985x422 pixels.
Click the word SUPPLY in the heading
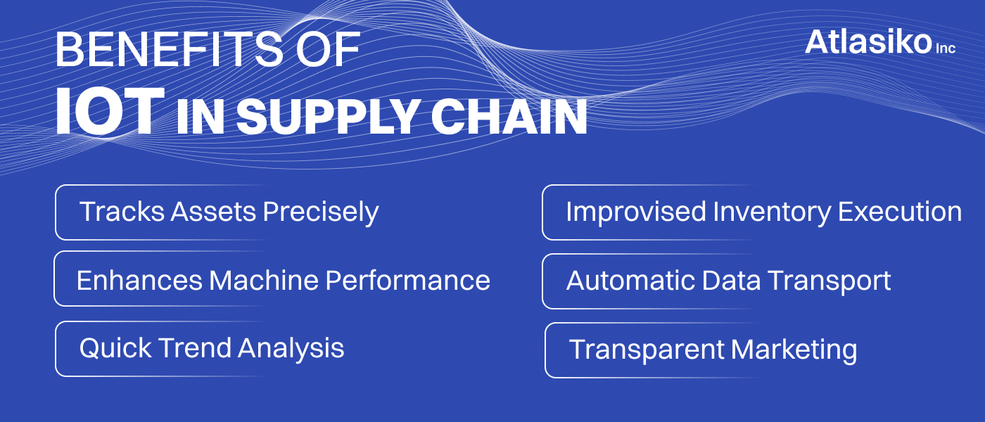tap(328, 117)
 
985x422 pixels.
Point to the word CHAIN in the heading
tap(509, 116)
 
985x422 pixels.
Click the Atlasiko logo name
tap(868, 42)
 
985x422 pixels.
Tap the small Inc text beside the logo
tap(946, 48)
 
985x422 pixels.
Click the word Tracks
tap(122, 212)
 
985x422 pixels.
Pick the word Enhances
tap(139, 280)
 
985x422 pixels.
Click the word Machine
tap(263, 280)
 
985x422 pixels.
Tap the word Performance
tap(407, 280)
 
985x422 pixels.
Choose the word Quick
tap(115, 348)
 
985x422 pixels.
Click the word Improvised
tap(636, 212)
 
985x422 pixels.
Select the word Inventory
tap(772, 212)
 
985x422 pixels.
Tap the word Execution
tap(900, 212)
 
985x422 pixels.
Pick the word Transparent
tap(647, 350)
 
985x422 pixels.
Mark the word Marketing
tap(794, 350)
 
